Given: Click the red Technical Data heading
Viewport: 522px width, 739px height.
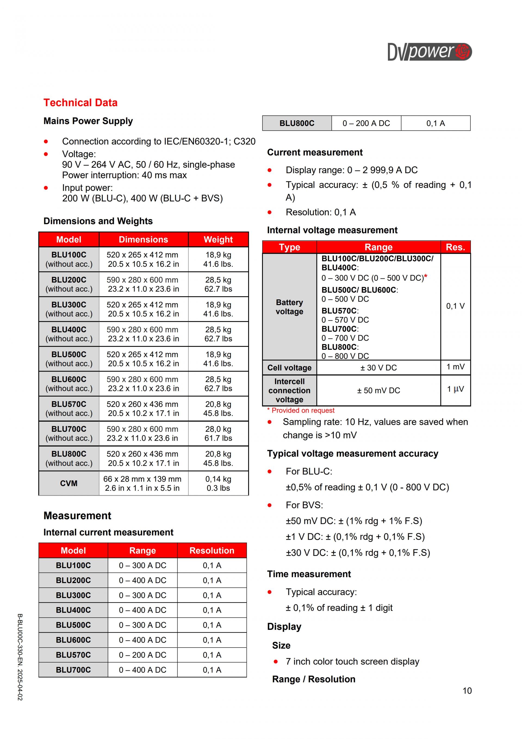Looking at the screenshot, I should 80,103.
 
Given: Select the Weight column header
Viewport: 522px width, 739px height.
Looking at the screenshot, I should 218,240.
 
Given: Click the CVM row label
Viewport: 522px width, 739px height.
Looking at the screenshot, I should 69,483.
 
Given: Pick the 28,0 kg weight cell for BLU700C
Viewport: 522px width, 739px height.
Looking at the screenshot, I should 218,434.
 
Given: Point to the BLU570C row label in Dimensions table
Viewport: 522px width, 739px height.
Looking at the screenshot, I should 69,409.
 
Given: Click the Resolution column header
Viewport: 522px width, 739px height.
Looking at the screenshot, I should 212,550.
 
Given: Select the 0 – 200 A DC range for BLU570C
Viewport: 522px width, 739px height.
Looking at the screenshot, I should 142,655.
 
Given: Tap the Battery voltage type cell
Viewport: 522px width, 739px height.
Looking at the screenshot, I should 289,307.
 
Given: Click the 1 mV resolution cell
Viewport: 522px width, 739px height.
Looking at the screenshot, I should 455,367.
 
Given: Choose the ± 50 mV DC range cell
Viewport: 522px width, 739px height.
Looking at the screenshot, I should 378,390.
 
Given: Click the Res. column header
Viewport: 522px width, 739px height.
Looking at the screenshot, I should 455,247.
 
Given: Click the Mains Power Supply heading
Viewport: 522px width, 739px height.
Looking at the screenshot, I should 88,121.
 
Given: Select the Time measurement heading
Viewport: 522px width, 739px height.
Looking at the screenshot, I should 309,574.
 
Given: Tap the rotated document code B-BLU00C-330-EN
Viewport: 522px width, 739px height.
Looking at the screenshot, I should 20,657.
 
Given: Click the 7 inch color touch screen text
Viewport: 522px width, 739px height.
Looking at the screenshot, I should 352,661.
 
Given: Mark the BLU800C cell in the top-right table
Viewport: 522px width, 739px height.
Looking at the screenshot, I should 297,123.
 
